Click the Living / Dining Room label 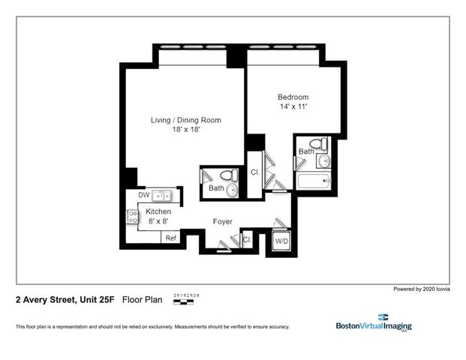[x=185, y=120]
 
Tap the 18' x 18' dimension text [x=185, y=130]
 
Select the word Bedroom [x=293, y=97]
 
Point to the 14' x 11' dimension [x=293, y=107]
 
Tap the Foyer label [x=222, y=222]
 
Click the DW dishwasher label [x=143, y=196]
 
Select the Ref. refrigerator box [x=172, y=238]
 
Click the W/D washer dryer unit [x=281, y=241]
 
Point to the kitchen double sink [x=162, y=196]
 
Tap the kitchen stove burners [x=133, y=217]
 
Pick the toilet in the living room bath [x=230, y=175]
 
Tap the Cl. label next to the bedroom [x=255, y=172]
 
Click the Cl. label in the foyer [x=247, y=239]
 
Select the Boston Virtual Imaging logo [x=373, y=322]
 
